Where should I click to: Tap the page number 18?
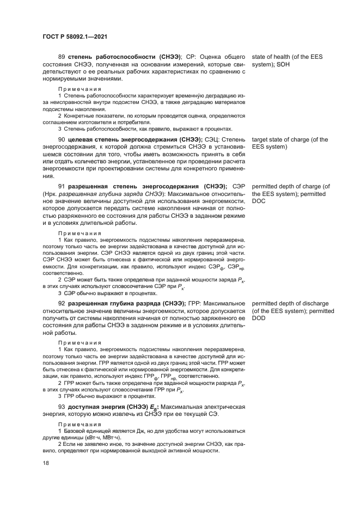(45, 463)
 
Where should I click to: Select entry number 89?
(62, 57)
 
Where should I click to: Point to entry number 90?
(62, 140)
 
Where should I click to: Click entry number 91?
(62, 187)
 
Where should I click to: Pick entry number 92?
(62, 303)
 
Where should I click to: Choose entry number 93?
(62, 407)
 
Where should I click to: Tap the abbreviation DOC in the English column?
(259, 201)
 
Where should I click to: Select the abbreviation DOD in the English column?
(259, 317)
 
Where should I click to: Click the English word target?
(261, 140)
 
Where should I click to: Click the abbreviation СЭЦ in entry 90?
(210, 140)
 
